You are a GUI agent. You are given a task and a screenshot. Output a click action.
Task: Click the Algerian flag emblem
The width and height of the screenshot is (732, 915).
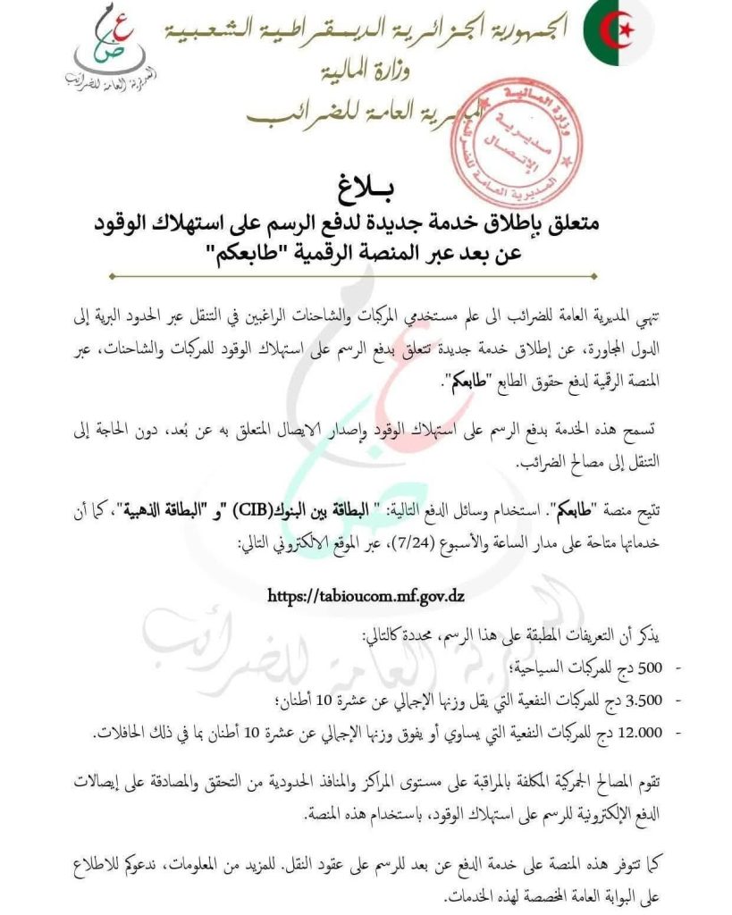point(618,33)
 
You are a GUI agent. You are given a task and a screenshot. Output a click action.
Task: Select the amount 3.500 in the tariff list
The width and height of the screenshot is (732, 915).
point(665,698)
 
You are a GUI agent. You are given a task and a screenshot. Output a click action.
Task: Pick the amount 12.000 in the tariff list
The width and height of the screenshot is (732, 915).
point(660,732)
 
